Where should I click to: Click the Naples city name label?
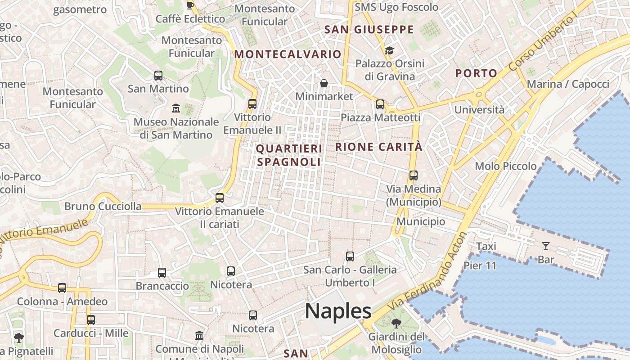338,311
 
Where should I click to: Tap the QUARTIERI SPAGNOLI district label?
288,155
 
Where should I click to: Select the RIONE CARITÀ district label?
379,147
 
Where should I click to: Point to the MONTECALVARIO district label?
288,54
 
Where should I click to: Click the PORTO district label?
477,73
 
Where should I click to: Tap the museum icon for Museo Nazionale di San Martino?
176,108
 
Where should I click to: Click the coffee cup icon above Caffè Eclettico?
190,5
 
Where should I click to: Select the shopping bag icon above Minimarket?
324,83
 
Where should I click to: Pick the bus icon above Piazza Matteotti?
380,104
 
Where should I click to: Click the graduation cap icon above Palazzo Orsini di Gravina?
389,50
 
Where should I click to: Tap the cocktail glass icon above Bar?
546,246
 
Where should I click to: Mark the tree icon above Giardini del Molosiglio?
396,323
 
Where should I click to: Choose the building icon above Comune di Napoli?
199,335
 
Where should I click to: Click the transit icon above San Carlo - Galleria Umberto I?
350,256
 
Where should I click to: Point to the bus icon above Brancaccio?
162,272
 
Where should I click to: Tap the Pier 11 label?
480,265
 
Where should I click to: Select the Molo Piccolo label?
506,166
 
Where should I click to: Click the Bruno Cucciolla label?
103,207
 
